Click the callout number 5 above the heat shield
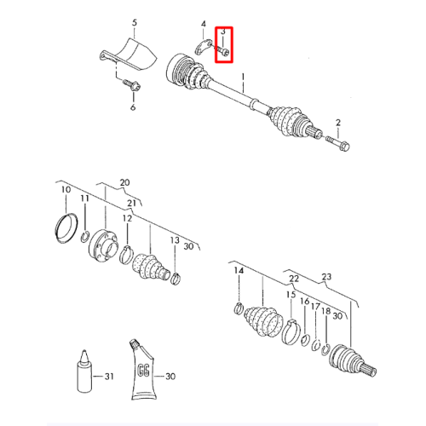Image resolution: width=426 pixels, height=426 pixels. coord(135,23)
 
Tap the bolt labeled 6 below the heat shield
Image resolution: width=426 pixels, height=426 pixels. coord(132,84)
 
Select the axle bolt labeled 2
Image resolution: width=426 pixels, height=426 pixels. coord(338,143)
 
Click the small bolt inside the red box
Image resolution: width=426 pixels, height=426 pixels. coord(224,52)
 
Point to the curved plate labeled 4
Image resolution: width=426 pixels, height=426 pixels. coord(204,47)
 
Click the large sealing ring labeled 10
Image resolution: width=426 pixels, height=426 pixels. coord(66,228)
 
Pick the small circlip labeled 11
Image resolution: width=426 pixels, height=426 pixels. coord(85,237)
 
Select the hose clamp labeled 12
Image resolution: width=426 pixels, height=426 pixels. coord(126,255)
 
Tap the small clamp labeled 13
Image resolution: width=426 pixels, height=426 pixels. coord(176,279)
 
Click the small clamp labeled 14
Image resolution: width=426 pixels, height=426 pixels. coord(239,308)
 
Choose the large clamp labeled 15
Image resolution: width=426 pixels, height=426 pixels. coord(291,331)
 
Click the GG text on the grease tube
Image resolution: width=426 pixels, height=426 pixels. coord(143,370)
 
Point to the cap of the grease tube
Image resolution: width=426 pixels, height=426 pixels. coord(134,343)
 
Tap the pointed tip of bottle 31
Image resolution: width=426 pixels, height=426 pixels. coord(84,350)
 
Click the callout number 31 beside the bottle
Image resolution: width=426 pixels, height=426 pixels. coord(109,377)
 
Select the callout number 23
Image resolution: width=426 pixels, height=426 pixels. coord(326,277)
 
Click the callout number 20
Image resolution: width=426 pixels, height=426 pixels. coord(124,182)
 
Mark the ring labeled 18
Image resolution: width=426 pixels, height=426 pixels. coord(325,349)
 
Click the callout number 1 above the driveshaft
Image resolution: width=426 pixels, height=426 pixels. coord(243,77)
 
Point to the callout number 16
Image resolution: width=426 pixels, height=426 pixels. coord(304,301)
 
